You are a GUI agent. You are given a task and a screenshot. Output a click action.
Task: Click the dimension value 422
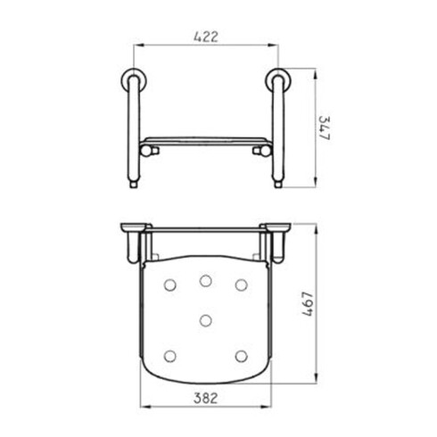[x=205, y=37]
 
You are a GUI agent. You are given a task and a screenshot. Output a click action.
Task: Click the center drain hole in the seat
[x=206, y=319]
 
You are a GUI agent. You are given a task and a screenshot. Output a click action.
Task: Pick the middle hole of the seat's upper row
[x=206, y=281]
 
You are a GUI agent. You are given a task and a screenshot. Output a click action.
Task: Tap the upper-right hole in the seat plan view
[x=241, y=285]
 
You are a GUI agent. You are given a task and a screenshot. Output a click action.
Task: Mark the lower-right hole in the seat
[x=241, y=356]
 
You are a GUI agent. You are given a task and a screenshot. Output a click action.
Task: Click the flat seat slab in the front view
[x=206, y=140]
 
